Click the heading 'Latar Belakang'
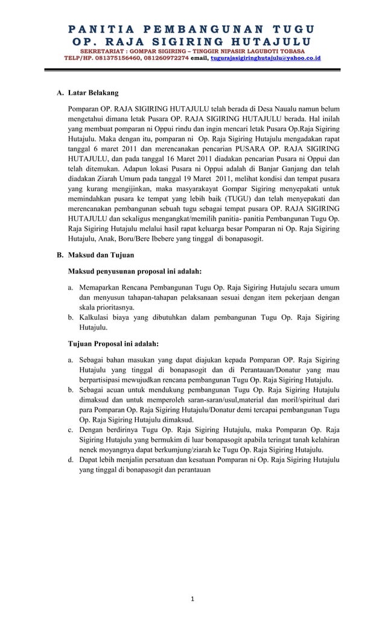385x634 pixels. pyautogui.click(x=93, y=94)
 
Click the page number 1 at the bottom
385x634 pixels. pyautogui.click(x=192, y=598)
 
